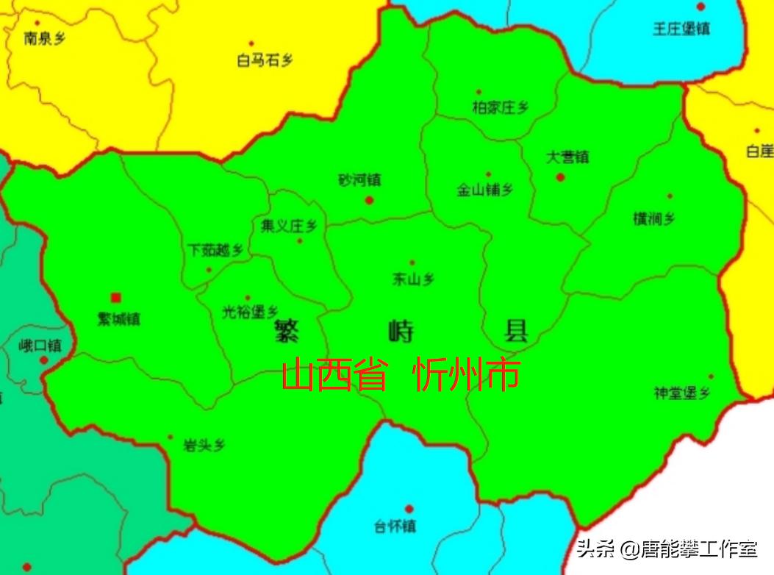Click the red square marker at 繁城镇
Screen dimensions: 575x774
(x=115, y=297)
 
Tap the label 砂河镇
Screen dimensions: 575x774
(x=359, y=180)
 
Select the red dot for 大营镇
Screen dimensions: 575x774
(x=560, y=176)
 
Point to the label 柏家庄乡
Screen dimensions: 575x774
(x=500, y=107)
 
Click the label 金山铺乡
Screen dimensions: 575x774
(x=485, y=190)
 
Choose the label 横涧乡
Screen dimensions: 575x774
(x=654, y=218)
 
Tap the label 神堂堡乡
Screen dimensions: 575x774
(x=682, y=393)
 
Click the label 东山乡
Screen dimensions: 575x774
(x=413, y=279)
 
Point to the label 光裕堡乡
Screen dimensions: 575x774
(x=250, y=312)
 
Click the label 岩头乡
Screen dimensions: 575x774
(x=204, y=445)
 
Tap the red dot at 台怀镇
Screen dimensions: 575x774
(x=409, y=508)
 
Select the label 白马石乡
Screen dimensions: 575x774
(x=264, y=60)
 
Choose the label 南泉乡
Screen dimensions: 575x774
(x=45, y=37)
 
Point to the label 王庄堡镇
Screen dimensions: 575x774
(x=681, y=29)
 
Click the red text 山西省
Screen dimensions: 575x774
(x=334, y=376)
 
